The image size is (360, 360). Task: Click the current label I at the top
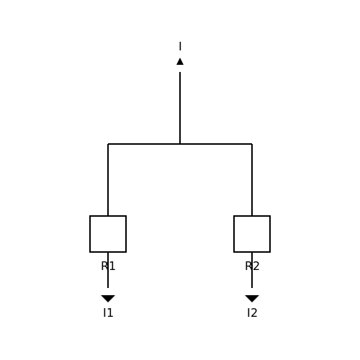(180, 46)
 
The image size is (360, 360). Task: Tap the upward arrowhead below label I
(180, 61)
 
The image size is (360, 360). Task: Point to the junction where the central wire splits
(180, 144)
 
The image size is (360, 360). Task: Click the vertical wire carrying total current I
(180, 108)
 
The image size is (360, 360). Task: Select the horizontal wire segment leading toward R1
(144, 144)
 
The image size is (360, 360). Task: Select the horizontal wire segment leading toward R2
(216, 144)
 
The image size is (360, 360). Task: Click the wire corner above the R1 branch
(108, 144)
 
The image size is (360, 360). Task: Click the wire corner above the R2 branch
(252, 144)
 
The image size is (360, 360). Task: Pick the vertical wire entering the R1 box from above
(108, 180)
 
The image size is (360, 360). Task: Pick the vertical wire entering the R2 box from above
(252, 180)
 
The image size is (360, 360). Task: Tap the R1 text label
(108, 266)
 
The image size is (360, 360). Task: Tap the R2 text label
(252, 266)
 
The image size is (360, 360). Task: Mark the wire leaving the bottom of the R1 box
(108, 270)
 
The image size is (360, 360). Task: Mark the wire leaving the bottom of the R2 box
(252, 270)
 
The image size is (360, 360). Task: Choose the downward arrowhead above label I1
(108, 298)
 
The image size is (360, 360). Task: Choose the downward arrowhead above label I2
(252, 298)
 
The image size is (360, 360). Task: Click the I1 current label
(108, 312)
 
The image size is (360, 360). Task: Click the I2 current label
(252, 312)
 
